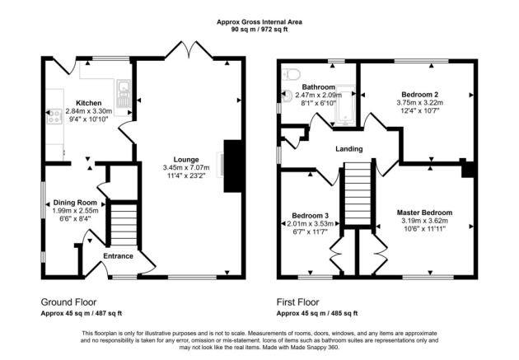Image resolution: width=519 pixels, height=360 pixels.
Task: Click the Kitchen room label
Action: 88,103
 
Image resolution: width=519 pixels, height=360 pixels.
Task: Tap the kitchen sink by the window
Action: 122,89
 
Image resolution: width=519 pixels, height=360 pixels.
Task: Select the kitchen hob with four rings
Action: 54,118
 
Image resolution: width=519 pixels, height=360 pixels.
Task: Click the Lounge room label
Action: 186,159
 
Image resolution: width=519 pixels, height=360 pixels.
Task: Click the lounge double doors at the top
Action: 189,51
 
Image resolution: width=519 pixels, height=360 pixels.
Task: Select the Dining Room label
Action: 76,203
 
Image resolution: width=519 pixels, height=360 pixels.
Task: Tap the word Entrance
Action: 118,256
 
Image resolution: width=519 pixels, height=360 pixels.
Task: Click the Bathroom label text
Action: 317,87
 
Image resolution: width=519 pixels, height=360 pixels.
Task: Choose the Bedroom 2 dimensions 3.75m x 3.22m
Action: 421,103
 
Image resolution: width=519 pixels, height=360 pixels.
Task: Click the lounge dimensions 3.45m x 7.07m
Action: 186,168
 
